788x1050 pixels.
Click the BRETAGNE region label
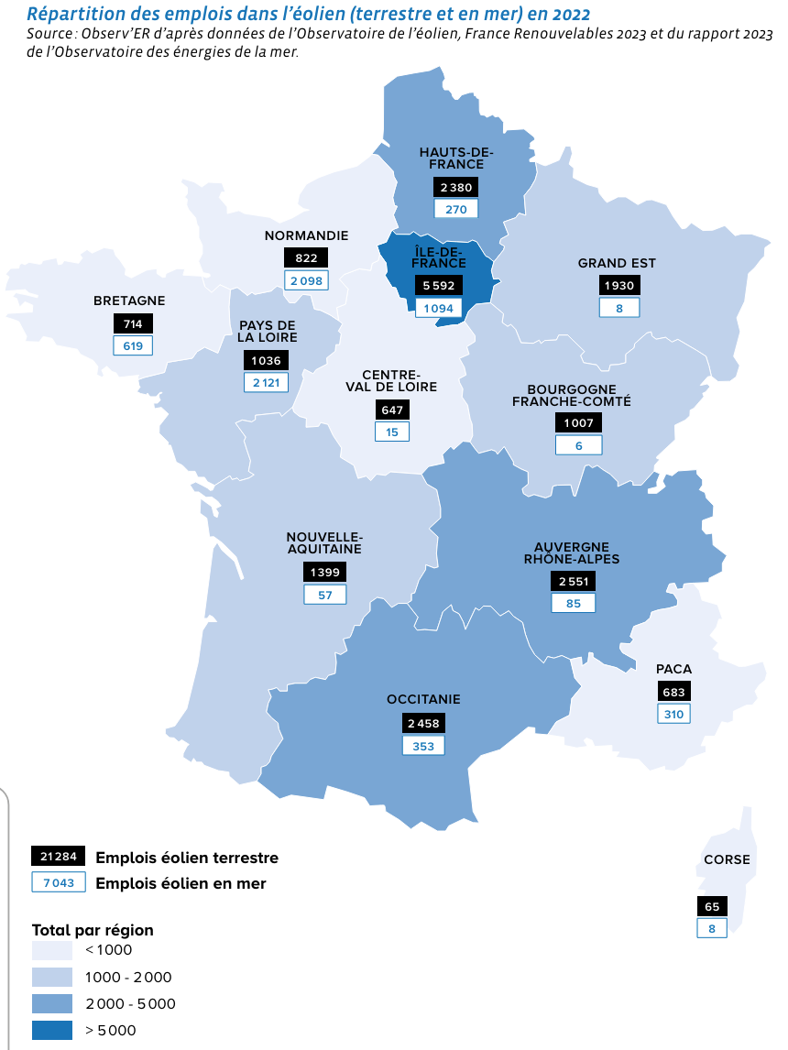pos(129,301)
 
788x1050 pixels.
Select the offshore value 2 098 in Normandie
pos(306,281)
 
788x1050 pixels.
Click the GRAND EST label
pos(617,264)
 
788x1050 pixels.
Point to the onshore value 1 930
pos(618,286)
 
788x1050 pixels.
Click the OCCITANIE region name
pos(423,699)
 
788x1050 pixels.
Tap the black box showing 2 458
pos(423,724)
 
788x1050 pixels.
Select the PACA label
pos(673,669)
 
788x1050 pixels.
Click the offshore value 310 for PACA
pos(673,715)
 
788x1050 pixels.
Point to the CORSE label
pos(727,859)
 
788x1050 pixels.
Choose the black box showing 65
pos(712,906)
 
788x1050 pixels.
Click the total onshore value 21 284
pos(59,858)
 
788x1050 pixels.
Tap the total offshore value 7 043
pos(59,883)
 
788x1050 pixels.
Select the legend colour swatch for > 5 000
pos(52,1030)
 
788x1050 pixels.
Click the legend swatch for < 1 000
pos(52,950)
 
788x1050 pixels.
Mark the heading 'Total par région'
pos(93,930)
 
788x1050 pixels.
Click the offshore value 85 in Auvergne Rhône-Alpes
pos(573,604)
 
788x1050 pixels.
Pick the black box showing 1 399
pos(324,573)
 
